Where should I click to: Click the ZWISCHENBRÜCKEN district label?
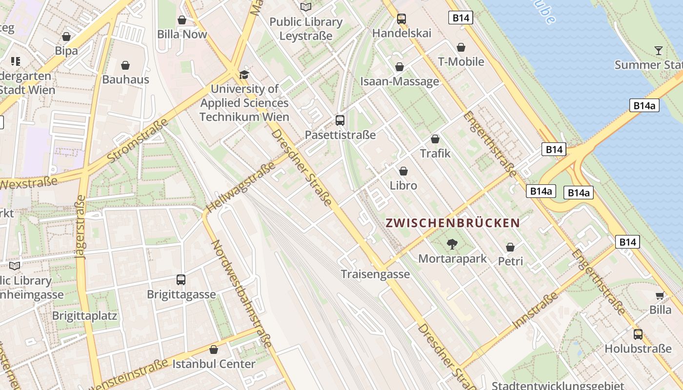452,223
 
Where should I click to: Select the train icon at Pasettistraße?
340,120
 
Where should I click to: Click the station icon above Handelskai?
402,19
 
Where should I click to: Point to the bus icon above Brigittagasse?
181,280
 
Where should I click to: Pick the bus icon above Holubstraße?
638,334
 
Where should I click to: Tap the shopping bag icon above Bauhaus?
125,65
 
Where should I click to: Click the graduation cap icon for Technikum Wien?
244,75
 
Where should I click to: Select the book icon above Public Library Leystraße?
306,7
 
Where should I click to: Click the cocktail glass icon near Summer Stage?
658,50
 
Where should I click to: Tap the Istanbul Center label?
214,364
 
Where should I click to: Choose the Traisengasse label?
375,274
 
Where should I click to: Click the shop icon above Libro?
403,171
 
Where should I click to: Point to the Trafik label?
435,154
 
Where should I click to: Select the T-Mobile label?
461,61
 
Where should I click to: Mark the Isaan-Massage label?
400,81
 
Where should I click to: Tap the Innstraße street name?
535,310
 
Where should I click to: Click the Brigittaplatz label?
84,315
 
